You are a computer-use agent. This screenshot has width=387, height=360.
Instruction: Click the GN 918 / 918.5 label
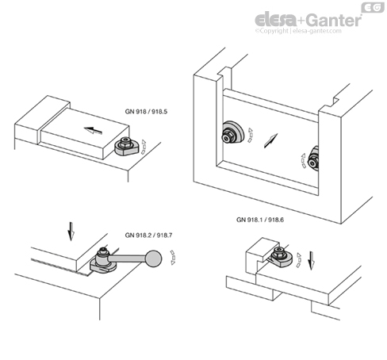(x=146, y=112)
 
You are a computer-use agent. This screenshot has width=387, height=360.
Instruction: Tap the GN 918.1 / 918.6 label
(x=260, y=220)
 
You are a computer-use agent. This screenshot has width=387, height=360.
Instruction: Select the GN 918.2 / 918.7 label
(x=148, y=235)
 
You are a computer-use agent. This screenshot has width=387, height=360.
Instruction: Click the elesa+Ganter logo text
(x=308, y=20)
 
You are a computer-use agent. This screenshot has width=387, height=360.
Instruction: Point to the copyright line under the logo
(x=298, y=31)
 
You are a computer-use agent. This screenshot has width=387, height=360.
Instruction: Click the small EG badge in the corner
(x=373, y=7)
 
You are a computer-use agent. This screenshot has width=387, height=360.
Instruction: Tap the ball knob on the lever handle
(x=153, y=259)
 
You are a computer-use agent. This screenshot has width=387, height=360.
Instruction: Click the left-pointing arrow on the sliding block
(x=93, y=130)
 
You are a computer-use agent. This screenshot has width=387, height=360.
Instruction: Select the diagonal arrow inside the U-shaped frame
(x=270, y=140)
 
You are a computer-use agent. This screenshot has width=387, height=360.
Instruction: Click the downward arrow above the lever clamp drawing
(x=71, y=232)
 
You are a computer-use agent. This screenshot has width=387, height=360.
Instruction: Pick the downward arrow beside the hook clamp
(x=312, y=261)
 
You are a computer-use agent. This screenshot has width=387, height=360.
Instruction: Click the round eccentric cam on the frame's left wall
(x=232, y=133)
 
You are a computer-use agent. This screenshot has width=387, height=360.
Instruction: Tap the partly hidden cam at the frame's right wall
(x=313, y=159)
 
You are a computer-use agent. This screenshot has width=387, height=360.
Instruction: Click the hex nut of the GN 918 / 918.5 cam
(x=125, y=143)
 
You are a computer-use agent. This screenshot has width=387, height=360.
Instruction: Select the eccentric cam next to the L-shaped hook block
(x=282, y=257)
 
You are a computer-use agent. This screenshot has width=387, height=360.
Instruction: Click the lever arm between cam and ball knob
(x=128, y=258)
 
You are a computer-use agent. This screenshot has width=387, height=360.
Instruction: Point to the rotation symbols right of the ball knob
(x=173, y=258)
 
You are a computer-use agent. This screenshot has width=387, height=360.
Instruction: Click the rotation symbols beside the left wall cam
(x=250, y=136)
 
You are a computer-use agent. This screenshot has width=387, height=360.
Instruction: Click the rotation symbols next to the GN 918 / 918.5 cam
(x=144, y=147)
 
